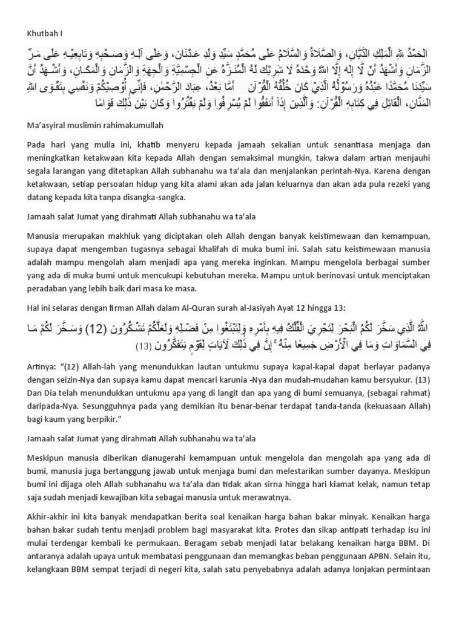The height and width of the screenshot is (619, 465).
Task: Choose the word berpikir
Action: pyautogui.click(x=96, y=419)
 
